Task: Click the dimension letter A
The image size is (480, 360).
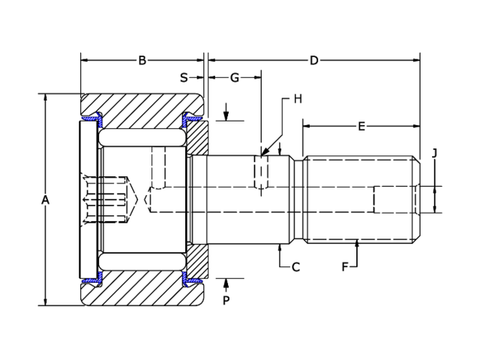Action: [x=45, y=199]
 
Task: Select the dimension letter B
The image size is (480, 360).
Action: [x=142, y=61]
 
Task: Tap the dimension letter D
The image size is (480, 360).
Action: [x=313, y=61]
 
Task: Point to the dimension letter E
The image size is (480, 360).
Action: [x=361, y=127]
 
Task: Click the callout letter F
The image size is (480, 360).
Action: [x=345, y=266]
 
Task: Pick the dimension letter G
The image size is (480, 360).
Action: [x=234, y=77]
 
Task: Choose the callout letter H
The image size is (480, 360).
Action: [x=297, y=99]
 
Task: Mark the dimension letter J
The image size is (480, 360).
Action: [x=434, y=153]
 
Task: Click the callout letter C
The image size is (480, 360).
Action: [x=295, y=266]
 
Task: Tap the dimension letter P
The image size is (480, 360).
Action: [x=226, y=300]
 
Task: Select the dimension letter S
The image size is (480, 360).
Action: [x=184, y=77]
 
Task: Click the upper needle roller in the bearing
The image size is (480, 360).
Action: [x=142, y=139]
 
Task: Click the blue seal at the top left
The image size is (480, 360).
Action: [x=92, y=118]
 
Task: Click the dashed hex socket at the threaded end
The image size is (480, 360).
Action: [x=396, y=199]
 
